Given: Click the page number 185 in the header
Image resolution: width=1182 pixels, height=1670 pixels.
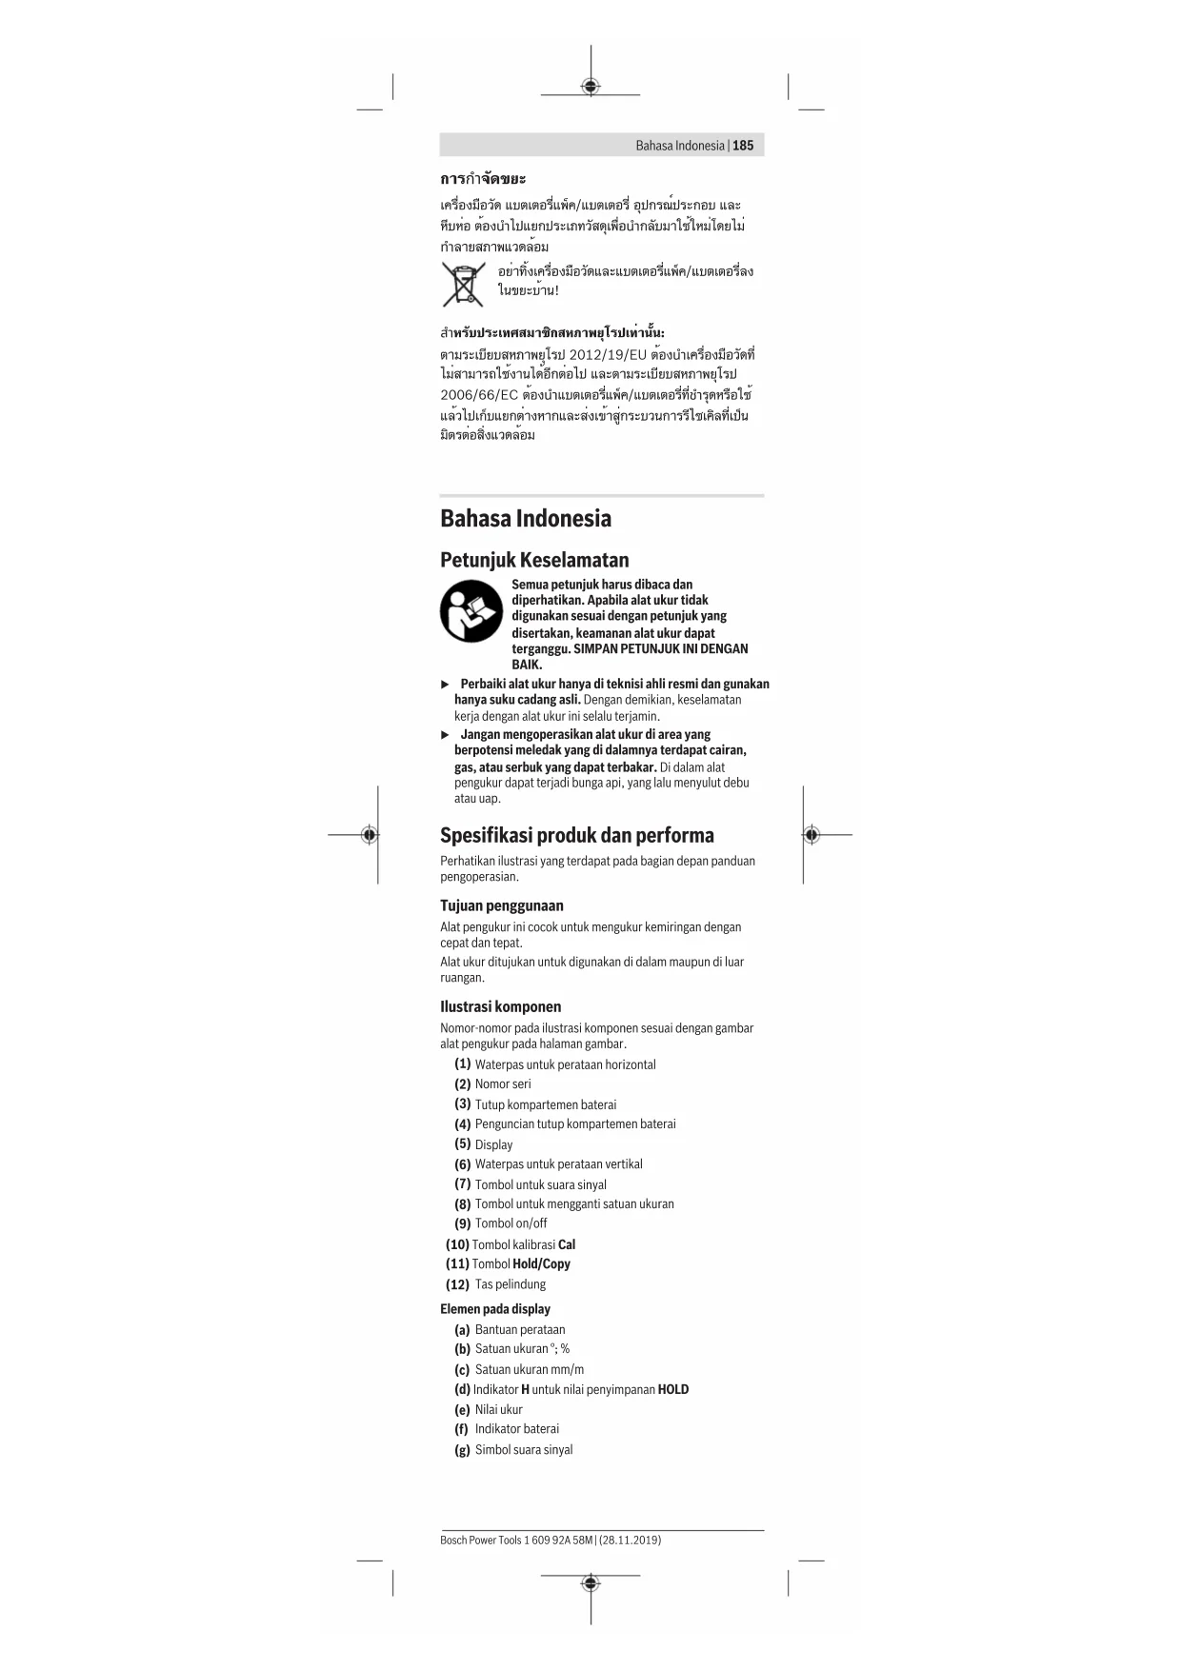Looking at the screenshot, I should click(743, 146).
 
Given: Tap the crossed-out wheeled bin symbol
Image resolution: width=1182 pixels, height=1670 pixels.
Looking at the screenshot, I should click(463, 284).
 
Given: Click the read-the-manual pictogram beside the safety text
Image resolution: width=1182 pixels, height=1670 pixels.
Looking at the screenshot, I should click(471, 611).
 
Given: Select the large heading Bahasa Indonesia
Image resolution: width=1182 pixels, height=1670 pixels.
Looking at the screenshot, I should click(526, 519).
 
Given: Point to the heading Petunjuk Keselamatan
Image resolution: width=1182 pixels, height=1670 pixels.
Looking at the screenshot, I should click(534, 560).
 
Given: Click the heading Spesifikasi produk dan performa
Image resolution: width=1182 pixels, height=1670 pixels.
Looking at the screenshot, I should click(576, 835).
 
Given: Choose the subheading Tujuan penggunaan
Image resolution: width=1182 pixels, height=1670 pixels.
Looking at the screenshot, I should click(502, 905).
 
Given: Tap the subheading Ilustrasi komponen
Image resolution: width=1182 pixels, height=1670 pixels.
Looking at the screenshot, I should click(500, 1006).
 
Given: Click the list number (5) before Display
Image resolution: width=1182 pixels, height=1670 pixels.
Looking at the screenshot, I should click(463, 1144).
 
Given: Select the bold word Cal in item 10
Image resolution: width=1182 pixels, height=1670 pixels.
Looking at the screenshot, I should click(567, 1244).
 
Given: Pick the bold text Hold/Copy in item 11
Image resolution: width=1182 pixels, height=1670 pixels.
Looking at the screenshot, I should click(541, 1264).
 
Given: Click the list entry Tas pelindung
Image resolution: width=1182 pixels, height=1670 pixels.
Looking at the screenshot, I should click(511, 1284).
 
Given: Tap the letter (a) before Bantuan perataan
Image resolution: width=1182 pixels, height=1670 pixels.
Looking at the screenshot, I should click(462, 1330).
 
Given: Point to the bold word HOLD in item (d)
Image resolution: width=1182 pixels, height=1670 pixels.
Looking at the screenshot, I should click(673, 1389).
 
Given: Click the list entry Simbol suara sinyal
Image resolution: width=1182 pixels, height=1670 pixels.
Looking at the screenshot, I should click(524, 1450).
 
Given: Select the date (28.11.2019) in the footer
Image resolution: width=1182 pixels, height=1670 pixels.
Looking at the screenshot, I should click(630, 1540).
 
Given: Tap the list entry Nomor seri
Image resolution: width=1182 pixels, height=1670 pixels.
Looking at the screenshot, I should click(503, 1084).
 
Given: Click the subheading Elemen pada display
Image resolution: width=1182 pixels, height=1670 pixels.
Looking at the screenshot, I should click(495, 1309).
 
